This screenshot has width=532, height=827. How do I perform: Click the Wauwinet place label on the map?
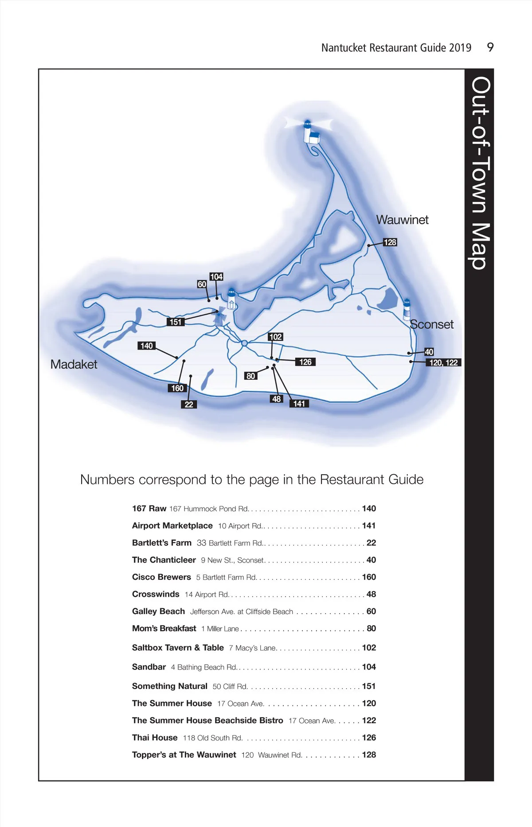[402, 220]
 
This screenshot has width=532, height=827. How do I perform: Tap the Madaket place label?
[74, 365]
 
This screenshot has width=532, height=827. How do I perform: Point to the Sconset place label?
[432, 324]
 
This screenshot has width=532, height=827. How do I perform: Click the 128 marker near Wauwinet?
[390, 242]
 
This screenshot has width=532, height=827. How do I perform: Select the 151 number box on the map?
[176, 322]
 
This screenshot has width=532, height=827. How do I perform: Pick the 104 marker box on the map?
[216, 277]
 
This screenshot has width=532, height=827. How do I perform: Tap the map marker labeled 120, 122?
[443, 362]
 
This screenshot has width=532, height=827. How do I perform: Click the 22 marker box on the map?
[189, 404]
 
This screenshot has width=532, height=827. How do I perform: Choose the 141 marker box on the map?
[299, 403]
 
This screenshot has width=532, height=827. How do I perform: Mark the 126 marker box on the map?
[305, 362]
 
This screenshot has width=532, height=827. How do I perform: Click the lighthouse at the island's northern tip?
[309, 131]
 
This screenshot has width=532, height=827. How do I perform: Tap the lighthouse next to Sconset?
[407, 309]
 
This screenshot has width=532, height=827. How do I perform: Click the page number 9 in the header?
[490, 47]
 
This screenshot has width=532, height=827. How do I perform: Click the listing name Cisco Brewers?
[161, 577]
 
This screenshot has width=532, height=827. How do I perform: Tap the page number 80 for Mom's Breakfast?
[372, 628]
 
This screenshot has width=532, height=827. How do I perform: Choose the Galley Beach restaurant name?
[158, 611]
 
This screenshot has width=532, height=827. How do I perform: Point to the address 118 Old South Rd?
[213, 738]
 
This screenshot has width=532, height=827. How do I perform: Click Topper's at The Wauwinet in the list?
[184, 755]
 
